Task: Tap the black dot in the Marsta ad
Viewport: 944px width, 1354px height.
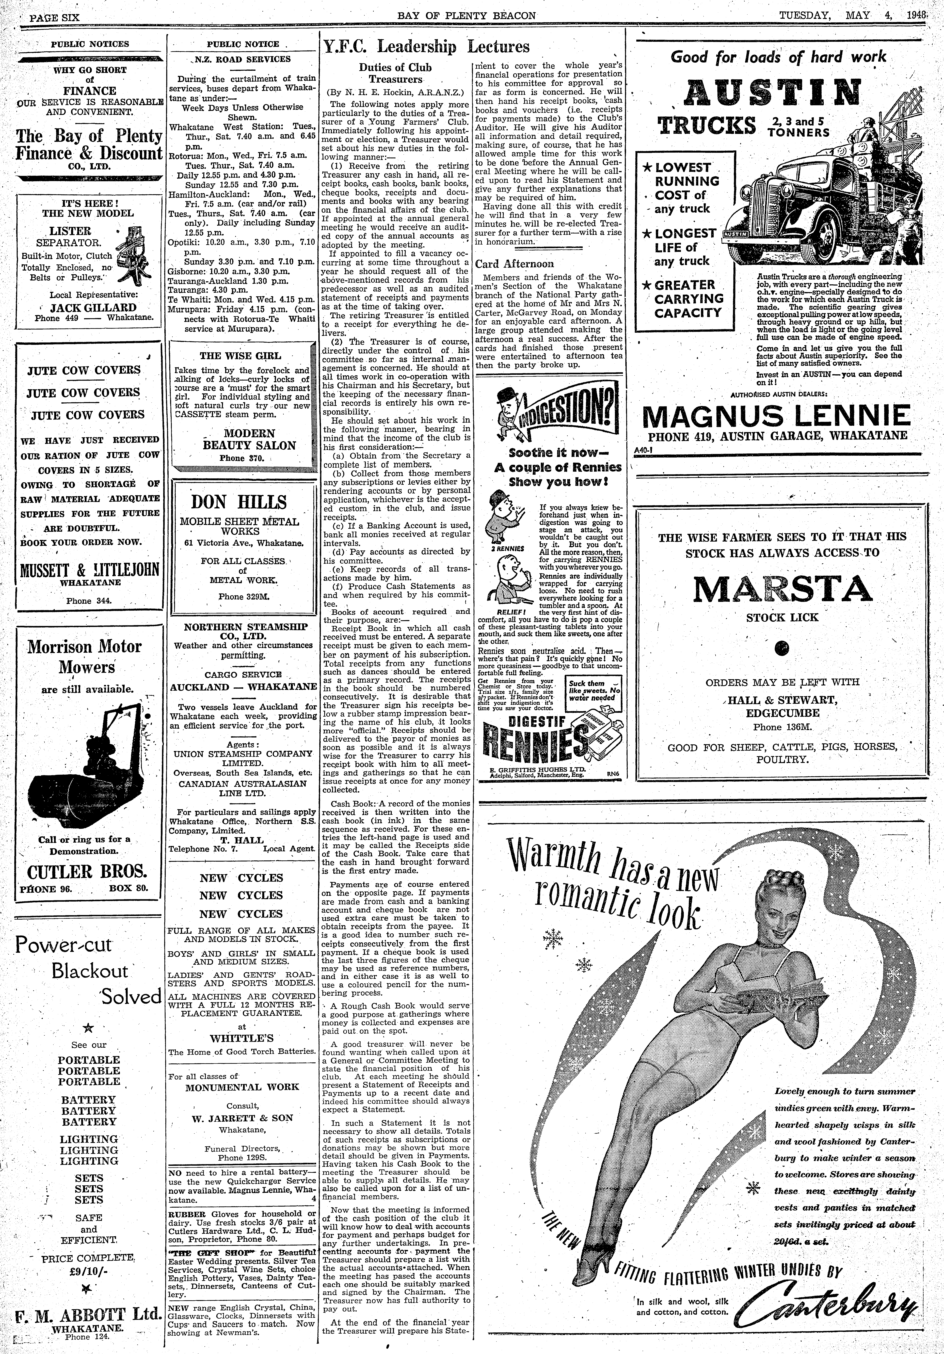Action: tap(782, 649)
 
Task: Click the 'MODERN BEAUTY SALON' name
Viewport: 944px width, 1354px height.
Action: tap(249, 439)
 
